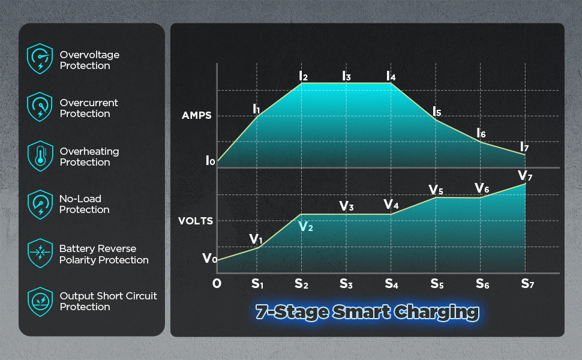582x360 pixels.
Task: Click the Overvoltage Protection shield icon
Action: tap(40, 59)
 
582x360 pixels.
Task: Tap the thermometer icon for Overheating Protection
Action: tap(40, 156)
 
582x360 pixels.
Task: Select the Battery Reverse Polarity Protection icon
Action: tap(40, 253)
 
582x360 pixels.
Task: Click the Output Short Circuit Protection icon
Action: tap(40, 301)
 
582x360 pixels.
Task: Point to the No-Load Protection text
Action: tap(84, 204)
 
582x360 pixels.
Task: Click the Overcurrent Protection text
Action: tap(89, 108)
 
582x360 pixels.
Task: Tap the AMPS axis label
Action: tap(196, 115)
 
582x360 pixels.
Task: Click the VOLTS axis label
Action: tap(196, 221)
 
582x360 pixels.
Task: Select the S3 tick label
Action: tap(346, 284)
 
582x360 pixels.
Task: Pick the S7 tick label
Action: tap(527, 284)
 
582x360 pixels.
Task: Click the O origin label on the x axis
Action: tap(217, 284)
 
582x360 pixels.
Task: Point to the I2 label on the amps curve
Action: tap(303, 76)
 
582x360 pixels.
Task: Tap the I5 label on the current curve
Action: tap(437, 112)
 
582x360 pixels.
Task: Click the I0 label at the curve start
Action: tap(210, 160)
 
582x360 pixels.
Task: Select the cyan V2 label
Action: tap(305, 226)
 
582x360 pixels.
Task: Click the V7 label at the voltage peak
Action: tap(525, 176)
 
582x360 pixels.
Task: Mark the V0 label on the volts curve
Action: tap(210, 258)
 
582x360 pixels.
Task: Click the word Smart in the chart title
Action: tap(362, 312)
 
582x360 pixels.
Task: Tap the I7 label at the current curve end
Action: tap(524, 147)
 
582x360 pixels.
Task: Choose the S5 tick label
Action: tap(437, 284)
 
